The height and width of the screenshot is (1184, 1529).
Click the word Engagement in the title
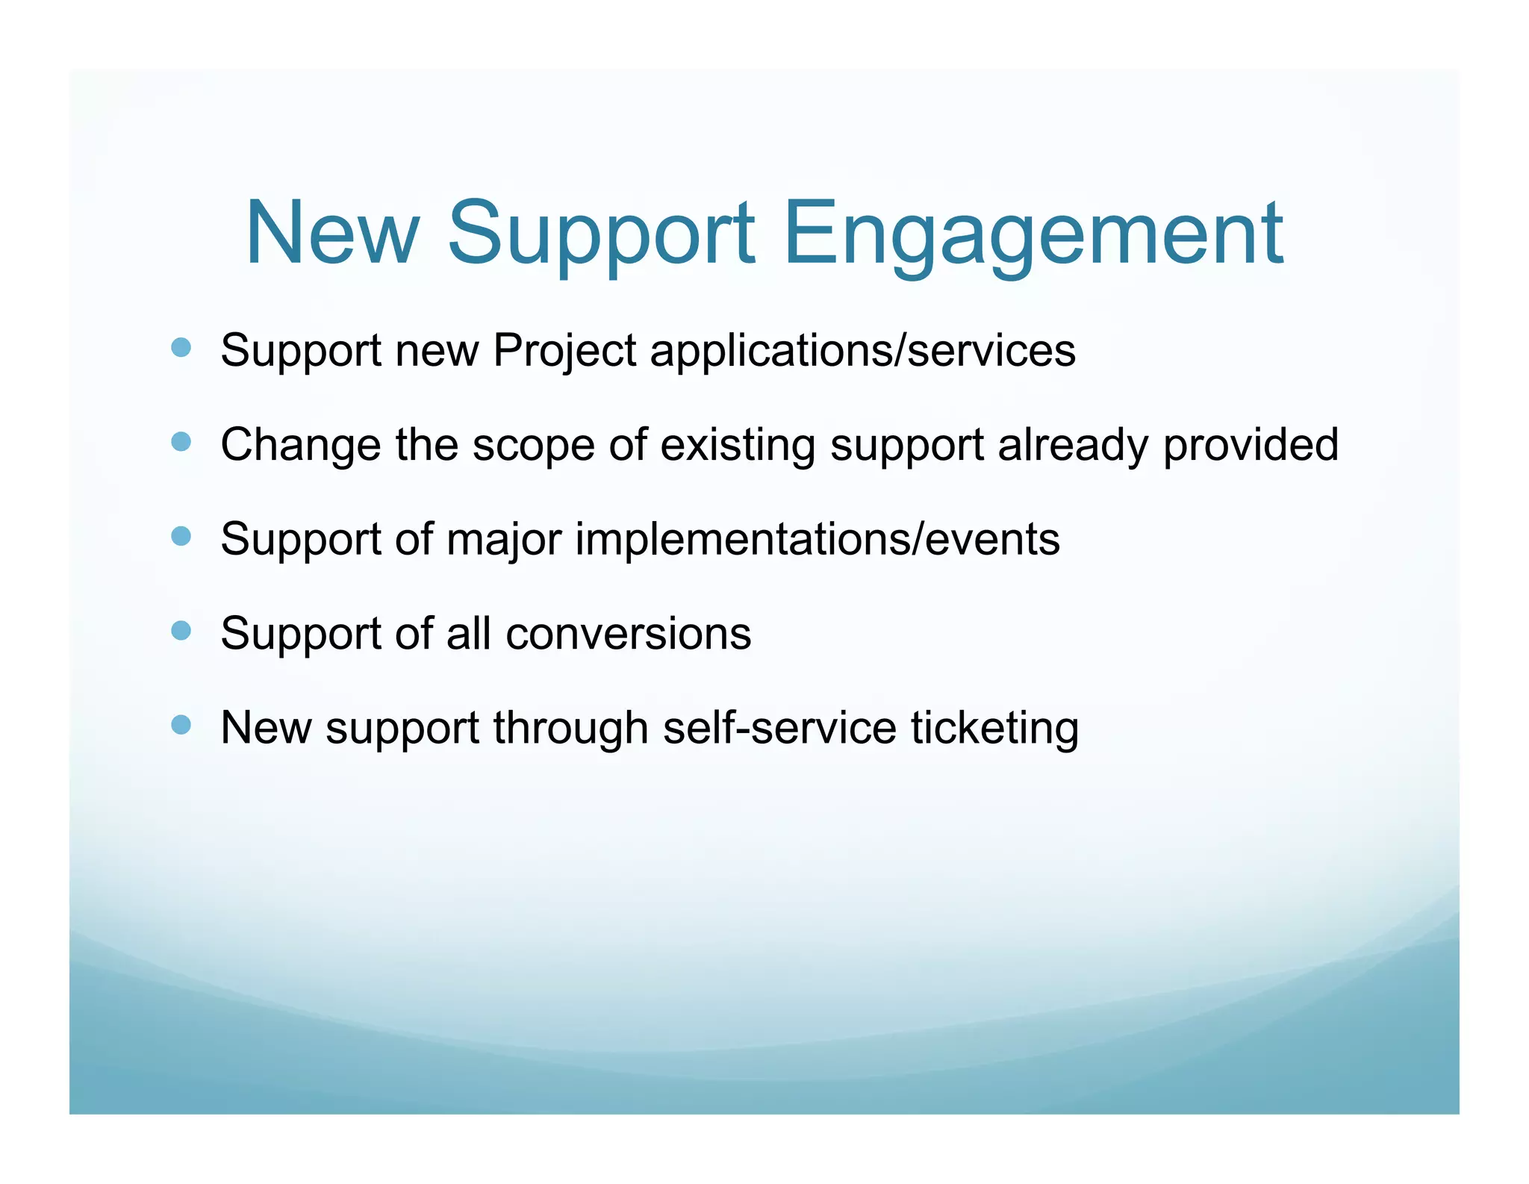coord(1033,234)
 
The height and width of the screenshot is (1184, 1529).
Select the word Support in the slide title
coord(601,234)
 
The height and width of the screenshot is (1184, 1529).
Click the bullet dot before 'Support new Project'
coord(181,347)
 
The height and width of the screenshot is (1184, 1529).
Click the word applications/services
coord(862,351)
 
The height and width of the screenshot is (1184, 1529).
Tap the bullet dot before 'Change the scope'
coord(181,442)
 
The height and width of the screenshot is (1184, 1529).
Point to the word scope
coord(533,446)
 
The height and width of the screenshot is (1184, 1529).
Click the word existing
coord(738,446)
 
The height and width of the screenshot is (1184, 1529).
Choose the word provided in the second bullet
coord(1251,446)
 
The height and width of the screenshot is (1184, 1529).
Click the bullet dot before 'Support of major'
coord(181,536)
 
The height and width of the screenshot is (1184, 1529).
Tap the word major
coord(504,540)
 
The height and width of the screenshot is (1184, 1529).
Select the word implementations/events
coord(817,540)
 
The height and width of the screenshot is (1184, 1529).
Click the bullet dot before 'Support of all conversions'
coord(181,631)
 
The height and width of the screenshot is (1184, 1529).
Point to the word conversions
coord(628,635)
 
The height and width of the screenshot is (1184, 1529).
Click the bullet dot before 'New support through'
coord(181,725)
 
